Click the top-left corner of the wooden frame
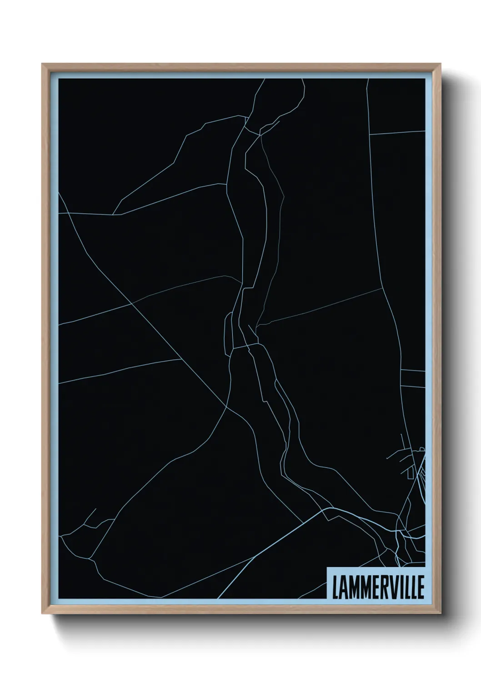pyautogui.click(x=42, y=64)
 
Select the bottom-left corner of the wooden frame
pyautogui.click(x=42, y=613)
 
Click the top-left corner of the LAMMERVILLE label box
pyautogui.click(x=327, y=567)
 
